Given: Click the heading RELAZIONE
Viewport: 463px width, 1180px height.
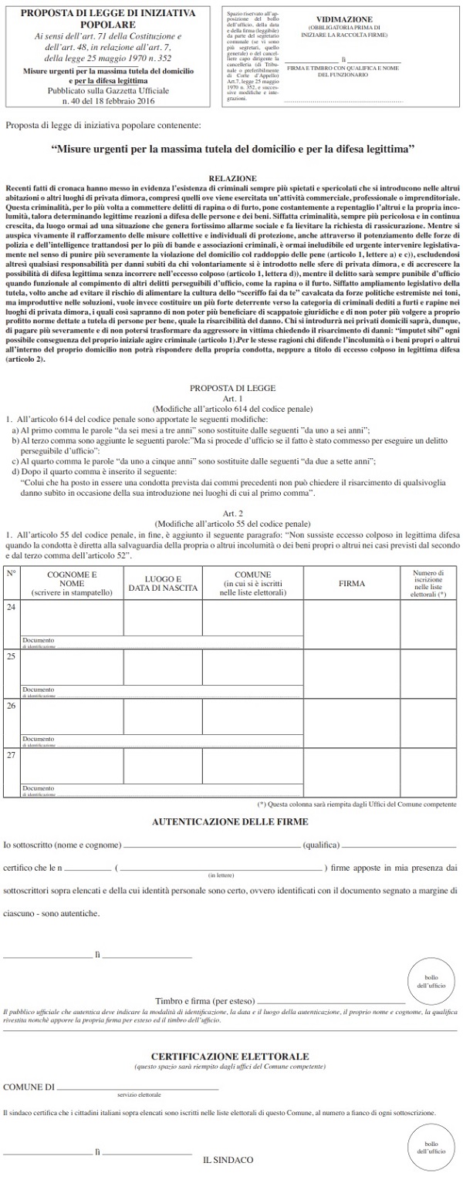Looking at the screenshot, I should tap(231, 177).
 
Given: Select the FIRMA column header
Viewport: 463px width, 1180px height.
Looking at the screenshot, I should tap(352, 584).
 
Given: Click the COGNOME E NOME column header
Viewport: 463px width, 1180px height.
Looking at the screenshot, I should tap(72, 584).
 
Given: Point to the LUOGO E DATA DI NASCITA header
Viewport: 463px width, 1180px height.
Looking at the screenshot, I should tap(162, 584).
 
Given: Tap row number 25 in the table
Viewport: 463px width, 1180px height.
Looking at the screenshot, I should tap(11, 656).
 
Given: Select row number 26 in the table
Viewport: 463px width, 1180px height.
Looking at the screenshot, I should tap(11, 705).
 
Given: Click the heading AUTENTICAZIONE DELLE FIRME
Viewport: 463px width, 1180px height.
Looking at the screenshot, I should tap(231, 822).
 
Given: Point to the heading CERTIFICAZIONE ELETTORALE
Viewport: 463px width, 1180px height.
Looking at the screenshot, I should tap(231, 1055).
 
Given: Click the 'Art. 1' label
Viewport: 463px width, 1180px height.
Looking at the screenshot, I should tap(231, 399).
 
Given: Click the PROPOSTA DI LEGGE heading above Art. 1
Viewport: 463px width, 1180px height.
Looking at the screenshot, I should tap(231, 390).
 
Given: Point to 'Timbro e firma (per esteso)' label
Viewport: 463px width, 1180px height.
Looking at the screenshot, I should tap(204, 1000).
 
